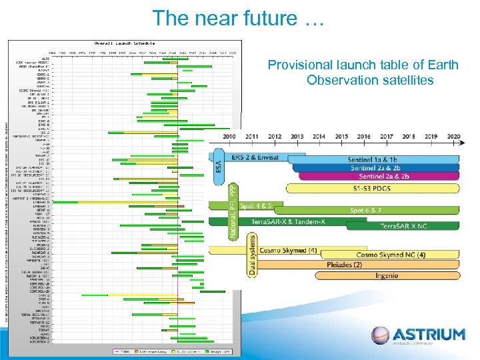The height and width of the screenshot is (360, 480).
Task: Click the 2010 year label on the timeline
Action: [x=229, y=136]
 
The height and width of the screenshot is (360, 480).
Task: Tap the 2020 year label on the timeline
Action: [x=453, y=136]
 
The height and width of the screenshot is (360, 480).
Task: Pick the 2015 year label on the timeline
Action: [x=341, y=136]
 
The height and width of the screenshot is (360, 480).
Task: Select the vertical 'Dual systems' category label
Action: [x=252, y=255]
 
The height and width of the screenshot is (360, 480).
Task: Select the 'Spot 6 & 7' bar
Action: [x=365, y=210]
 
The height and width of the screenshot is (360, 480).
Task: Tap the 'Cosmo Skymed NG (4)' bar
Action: [x=391, y=255]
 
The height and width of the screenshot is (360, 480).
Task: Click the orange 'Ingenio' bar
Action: [x=387, y=275]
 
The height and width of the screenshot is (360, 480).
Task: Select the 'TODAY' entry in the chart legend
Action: [x=125, y=351]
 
